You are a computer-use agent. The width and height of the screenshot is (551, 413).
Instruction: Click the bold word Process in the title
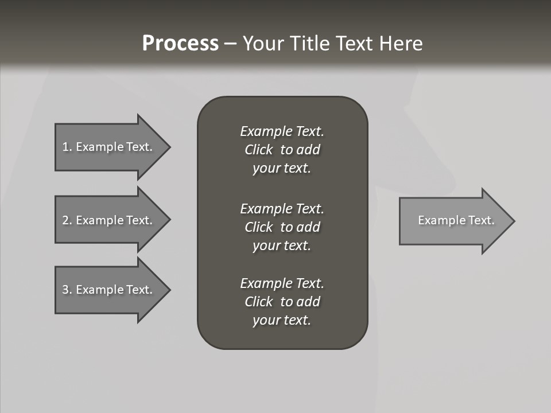[180, 44]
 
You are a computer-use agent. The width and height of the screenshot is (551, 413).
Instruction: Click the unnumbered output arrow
[453, 221]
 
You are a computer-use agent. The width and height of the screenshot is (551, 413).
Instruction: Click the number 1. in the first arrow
[67, 147]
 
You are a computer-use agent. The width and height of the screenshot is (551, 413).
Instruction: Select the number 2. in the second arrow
[67, 220]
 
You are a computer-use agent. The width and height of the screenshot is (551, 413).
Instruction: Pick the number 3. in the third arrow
[67, 290]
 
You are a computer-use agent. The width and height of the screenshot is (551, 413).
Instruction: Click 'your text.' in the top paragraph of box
[282, 169]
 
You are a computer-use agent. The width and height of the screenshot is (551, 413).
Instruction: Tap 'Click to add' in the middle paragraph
[282, 227]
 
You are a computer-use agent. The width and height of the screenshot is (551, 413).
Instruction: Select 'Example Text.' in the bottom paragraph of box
[282, 283]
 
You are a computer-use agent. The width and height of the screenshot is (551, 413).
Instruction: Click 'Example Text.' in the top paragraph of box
[282, 131]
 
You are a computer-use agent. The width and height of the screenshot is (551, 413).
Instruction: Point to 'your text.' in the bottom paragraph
[282, 321]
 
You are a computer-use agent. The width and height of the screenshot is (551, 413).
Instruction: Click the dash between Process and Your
[230, 44]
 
